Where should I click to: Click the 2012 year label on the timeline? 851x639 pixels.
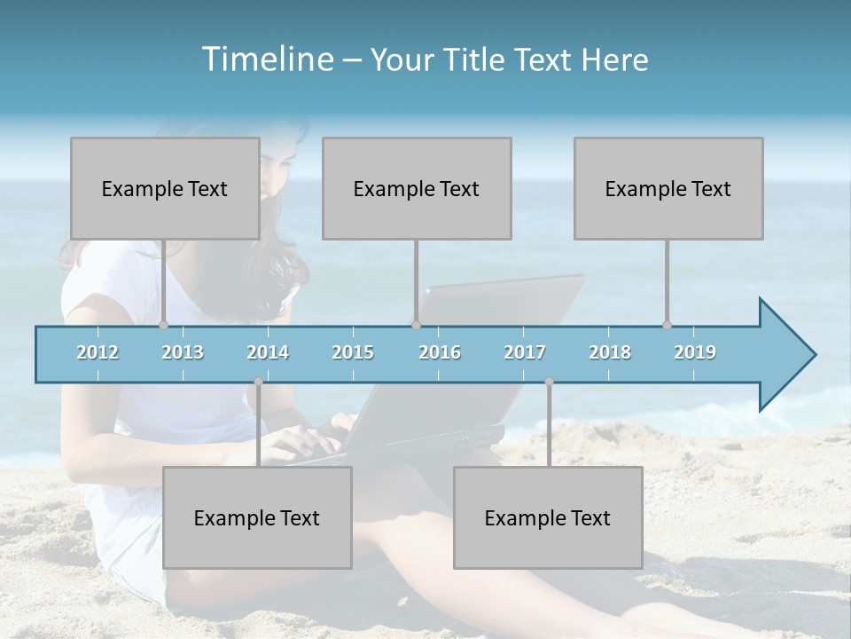tap(98, 352)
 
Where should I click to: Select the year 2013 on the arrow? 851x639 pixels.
tap(183, 352)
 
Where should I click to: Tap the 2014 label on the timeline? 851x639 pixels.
tap(268, 352)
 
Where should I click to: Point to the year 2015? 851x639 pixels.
tap(353, 352)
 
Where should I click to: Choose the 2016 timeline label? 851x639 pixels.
tap(440, 352)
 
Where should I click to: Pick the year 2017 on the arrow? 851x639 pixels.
tap(525, 352)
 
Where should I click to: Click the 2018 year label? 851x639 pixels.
tap(610, 352)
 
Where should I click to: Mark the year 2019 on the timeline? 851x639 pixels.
tap(695, 352)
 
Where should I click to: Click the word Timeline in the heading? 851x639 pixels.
tap(266, 59)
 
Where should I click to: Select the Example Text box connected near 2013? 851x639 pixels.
tap(165, 188)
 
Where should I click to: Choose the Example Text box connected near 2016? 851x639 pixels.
tap(417, 188)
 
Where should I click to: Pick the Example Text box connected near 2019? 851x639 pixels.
tap(668, 188)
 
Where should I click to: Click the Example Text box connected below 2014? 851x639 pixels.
tap(257, 517)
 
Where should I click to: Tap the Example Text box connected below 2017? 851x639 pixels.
tap(548, 517)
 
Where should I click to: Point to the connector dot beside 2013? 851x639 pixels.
tap(163, 325)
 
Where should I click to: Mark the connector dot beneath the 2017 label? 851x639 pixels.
tap(549, 382)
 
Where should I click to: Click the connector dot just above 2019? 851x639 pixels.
tap(667, 325)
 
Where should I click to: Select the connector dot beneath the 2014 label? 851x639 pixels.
tap(258, 382)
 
